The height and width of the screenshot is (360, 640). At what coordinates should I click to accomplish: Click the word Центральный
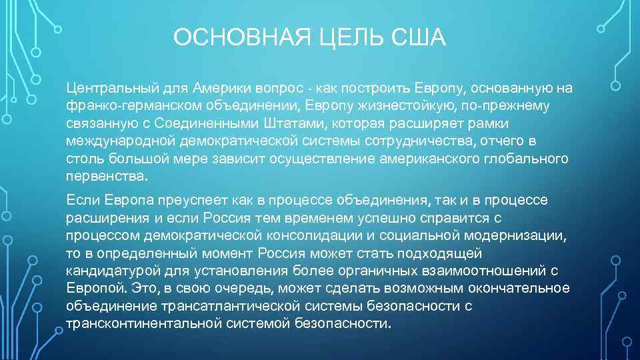click(x=109, y=88)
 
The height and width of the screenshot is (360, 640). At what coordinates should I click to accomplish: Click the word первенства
click(x=105, y=177)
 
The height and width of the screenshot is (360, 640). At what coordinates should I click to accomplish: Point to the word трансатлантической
click(x=232, y=305)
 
